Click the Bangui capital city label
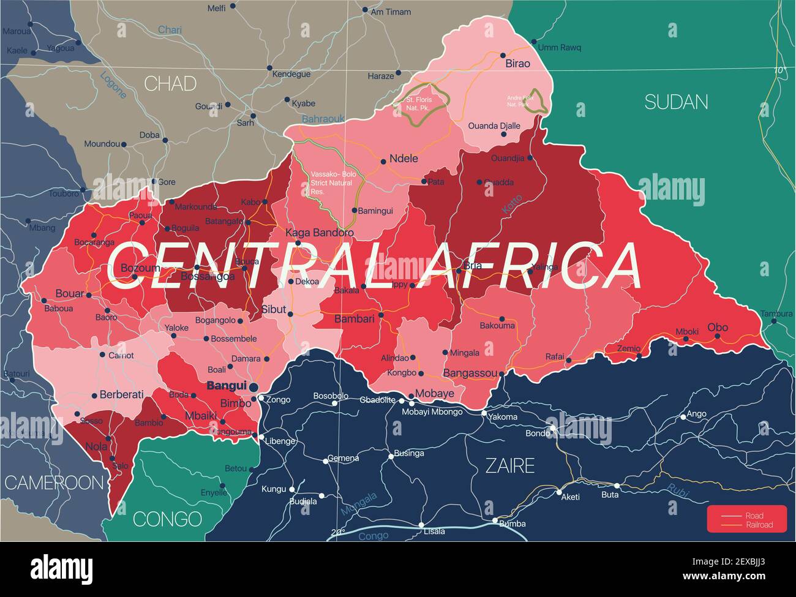click(227, 386)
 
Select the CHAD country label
click(170, 83)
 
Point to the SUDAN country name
click(676, 102)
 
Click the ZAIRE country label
click(510, 466)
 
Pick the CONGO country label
click(167, 519)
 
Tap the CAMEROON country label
click(54, 482)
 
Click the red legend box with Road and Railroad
click(746, 519)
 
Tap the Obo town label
click(718, 327)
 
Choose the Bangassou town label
click(471, 373)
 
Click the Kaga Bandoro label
click(320, 233)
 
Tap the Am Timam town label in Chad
click(391, 11)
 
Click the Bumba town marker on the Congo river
click(495, 521)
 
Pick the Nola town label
click(96, 446)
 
